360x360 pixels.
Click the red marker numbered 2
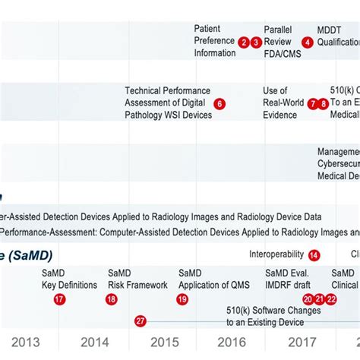point(243,43)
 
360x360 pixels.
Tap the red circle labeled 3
point(257,43)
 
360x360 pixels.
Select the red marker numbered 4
point(308,43)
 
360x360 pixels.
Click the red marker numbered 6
point(219,104)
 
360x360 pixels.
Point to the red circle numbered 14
point(314,255)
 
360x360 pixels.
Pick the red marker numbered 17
point(59,299)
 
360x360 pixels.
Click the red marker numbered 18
point(112,299)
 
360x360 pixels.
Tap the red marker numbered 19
point(182,299)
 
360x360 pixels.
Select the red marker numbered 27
point(140,321)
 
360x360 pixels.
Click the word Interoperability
point(276,254)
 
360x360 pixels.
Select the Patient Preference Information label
point(214,41)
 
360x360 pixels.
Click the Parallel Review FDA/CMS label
point(281,41)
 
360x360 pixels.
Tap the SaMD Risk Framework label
point(137,279)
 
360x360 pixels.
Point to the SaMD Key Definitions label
point(69,279)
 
